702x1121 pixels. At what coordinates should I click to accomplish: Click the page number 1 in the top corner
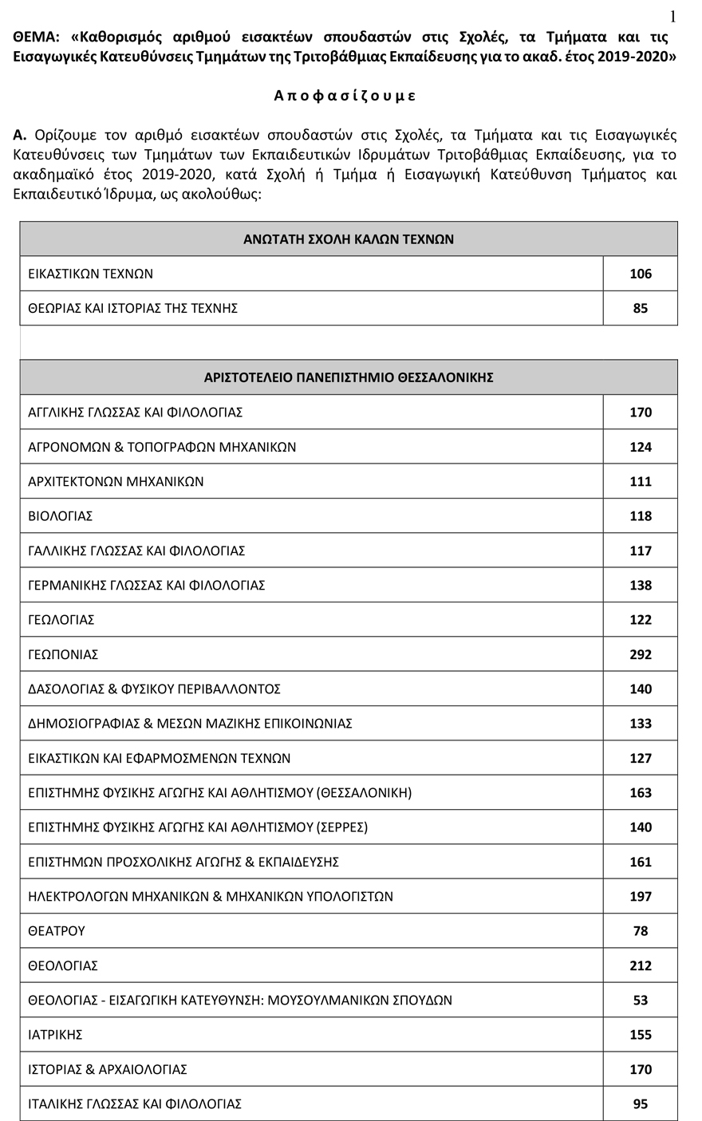[x=673, y=16]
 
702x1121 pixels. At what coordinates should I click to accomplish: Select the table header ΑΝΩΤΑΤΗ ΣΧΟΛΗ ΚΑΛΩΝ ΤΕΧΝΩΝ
[x=349, y=239]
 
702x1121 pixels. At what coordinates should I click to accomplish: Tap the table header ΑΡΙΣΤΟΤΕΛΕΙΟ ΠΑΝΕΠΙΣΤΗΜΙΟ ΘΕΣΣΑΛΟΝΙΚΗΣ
[x=349, y=377]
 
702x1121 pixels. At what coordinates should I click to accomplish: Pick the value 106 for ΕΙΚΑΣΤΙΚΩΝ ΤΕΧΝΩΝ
[x=640, y=274]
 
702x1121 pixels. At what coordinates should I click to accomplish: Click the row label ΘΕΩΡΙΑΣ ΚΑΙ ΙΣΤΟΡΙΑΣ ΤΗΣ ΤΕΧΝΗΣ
[x=132, y=308]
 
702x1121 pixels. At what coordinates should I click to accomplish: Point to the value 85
[x=640, y=308]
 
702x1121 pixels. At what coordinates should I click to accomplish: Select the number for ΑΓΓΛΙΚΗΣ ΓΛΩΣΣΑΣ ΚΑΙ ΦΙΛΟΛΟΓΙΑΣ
[x=640, y=412]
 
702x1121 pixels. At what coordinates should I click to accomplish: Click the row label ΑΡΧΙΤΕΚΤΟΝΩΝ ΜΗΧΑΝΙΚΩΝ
[x=116, y=481]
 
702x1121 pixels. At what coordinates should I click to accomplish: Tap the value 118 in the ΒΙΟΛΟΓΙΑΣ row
[x=640, y=516]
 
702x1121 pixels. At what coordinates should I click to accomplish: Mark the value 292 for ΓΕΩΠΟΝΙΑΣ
[x=640, y=654]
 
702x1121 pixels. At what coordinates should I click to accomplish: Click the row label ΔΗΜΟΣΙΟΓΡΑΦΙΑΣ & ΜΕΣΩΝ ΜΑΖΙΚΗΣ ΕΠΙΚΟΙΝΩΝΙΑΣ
[x=190, y=724]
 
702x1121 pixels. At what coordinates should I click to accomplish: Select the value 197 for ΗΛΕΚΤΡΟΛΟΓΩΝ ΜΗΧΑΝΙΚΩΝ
[x=640, y=897]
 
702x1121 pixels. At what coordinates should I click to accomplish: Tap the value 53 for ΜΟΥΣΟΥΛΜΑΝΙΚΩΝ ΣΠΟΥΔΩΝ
[x=640, y=1001]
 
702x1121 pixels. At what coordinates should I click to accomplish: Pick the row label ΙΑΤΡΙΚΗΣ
[x=55, y=1035]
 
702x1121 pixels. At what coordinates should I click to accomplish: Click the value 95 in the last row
[x=640, y=1104]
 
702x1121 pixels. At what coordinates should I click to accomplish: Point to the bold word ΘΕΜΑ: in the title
[x=37, y=37]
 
